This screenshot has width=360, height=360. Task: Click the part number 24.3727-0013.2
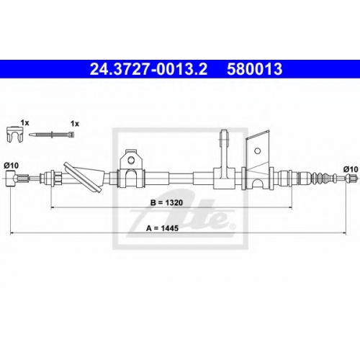(x=148, y=69)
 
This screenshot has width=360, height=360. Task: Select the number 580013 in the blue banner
(x=255, y=69)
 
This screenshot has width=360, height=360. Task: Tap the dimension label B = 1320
(x=166, y=203)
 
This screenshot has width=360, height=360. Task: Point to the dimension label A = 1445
(x=162, y=228)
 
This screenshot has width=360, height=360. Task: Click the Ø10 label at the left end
(x=12, y=166)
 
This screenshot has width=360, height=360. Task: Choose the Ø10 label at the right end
(x=351, y=169)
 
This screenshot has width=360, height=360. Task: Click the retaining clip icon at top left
(x=15, y=135)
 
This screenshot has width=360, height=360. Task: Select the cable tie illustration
(x=52, y=135)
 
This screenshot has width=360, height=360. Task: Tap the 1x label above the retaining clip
(x=24, y=123)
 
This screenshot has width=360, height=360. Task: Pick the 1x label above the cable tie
(x=75, y=124)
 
